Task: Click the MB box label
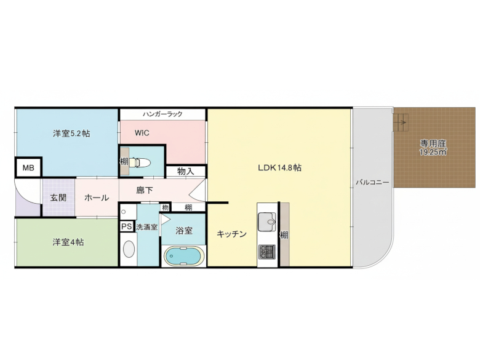point(28,167)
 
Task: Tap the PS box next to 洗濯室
point(127,226)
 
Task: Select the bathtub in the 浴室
point(183,255)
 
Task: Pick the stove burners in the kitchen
point(268,252)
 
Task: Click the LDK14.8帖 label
point(279,167)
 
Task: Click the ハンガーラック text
point(162,114)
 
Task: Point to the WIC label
point(142,133)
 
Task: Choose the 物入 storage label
point(185,171)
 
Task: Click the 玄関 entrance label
point(58,198)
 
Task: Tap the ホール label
point(97,198)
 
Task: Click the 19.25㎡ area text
point(433,152)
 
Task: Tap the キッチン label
point(231,234)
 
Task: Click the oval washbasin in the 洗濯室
point(129,249)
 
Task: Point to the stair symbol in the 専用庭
point(401,125)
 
